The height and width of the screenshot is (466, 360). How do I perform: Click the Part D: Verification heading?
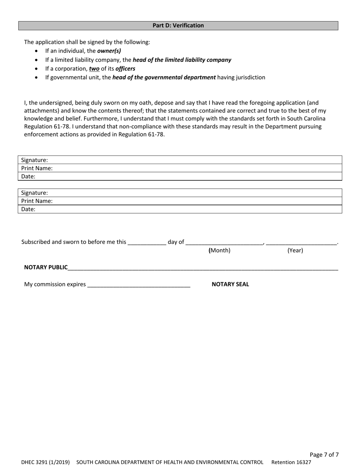(178, 25)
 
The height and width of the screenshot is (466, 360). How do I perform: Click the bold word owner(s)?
(109, 51)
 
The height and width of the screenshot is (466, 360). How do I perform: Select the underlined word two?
(94, 69)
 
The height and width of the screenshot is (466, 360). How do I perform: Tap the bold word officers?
(125, 69)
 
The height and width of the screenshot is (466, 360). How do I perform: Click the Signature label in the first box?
(34, 160)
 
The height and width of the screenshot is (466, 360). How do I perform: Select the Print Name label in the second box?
(37, 201)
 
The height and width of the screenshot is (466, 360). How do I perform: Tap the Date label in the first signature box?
(28, 176)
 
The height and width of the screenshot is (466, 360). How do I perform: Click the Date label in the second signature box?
(28, 209)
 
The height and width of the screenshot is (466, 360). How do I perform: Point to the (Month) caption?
(219, 250)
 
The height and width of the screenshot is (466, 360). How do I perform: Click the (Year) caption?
(295, 250)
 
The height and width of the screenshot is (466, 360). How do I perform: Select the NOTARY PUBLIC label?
(46, 267)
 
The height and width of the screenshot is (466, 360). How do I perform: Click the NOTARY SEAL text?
(230, 284)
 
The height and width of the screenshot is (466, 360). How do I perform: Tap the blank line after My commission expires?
(139, 285)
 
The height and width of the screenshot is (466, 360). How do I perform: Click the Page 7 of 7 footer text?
(324, 455)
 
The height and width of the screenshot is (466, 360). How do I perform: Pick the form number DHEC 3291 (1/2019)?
(45, 462)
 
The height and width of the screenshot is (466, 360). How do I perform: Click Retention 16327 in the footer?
(291, 462)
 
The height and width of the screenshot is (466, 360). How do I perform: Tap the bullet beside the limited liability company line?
(36, 60)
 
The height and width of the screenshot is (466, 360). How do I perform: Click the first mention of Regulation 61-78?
(47, 127)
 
